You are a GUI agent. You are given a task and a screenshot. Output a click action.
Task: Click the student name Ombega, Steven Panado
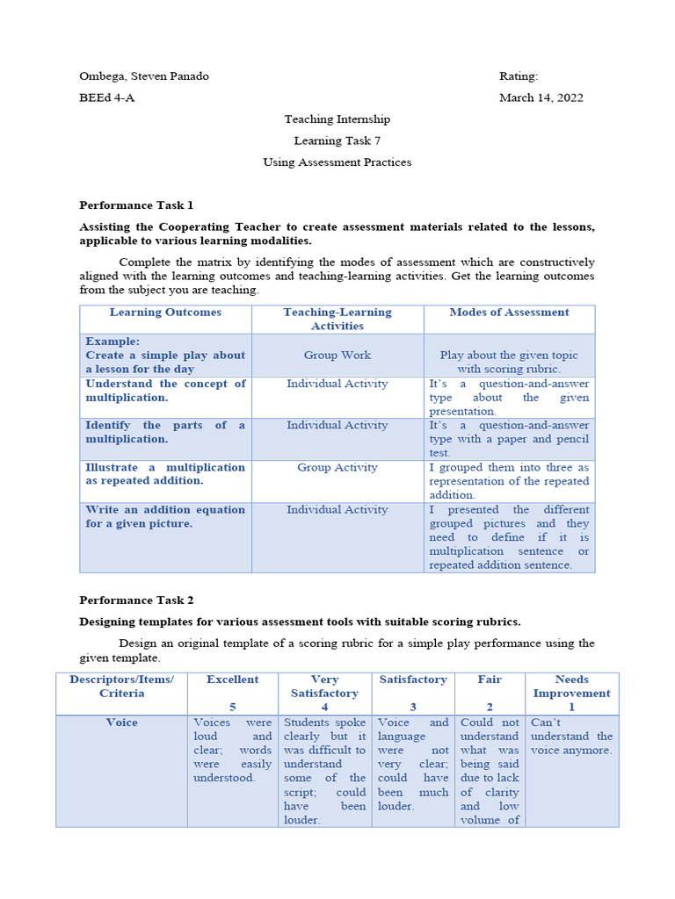pyautogui.click(x=144, y=76)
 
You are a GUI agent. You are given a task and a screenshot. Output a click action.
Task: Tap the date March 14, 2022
pyautogui.click(x=541, y=97)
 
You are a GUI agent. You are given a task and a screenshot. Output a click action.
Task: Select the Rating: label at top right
pyautogui.click(x=519, y=76)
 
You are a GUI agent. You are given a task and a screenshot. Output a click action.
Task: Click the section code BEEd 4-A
pyautogui.click(x=107, y=97)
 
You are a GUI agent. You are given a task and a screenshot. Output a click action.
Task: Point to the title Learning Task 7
pyautogui.click(x=337, y=140)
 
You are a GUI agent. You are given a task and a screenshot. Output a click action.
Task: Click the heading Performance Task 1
pyautogui.click(x=136, y=205)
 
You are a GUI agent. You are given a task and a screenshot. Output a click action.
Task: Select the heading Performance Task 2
pyautogui.click(x=136, y=601)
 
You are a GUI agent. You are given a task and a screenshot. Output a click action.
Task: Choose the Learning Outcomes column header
pyautogui.click(x=165, y=313)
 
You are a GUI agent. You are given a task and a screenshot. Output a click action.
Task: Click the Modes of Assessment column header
pyautogui.click(x=509, y=313)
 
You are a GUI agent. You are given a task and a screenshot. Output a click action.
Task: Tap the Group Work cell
pyautogui.click(x=337, y=356)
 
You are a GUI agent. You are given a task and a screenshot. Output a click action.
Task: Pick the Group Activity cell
pyautogui.click(x=337, y=468)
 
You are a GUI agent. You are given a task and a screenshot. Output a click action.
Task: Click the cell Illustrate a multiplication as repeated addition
pyautogui.click(x=165, y=474)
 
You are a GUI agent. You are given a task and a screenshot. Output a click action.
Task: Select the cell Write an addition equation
pyautogui.click(x=165, y=516)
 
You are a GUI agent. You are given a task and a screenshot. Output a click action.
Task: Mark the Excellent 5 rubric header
pyautogui.click(x=232, y=693)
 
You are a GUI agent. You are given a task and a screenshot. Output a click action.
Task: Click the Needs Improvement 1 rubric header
pyautogui.click(x=571, y=693)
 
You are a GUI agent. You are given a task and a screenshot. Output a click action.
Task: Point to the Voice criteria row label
pyautogui.click(x=121, y=723)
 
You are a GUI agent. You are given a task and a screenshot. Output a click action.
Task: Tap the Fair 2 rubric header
pyautogui.click(x=490, y=693)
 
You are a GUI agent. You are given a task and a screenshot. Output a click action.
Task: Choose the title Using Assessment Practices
pyautogui.click(x=337, y=162)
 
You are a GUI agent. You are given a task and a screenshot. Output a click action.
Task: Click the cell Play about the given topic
pyautogui.click(x=509, y=363)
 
